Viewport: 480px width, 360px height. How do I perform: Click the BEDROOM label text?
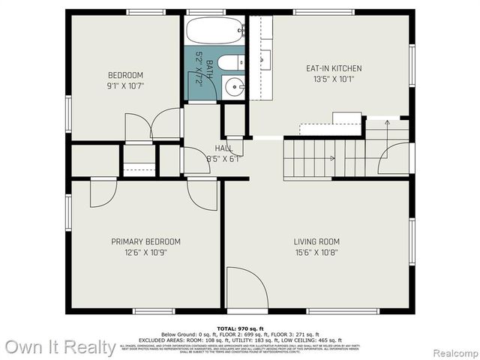[x=126, y=75]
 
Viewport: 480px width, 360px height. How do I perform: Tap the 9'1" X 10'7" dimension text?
[x=126, y=85]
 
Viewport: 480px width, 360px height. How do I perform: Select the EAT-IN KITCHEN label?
[x=334, y=68]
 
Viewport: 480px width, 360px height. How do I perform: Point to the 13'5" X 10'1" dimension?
[x=334, y=79]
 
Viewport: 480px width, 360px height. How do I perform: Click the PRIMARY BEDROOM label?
[x=146, y=241]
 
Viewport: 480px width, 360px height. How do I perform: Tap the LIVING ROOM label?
[x=316, y=241]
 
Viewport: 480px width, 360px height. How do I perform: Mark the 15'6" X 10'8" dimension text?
[x=316, y=252]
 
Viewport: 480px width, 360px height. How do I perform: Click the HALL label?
[x=223, y=148]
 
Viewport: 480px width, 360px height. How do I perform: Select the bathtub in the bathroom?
[x=213, y=31]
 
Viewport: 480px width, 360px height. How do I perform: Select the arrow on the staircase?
[x=331, y=157]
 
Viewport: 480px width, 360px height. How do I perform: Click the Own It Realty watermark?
[x=60, y=346]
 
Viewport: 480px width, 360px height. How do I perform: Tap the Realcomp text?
[x=452, y=350]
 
